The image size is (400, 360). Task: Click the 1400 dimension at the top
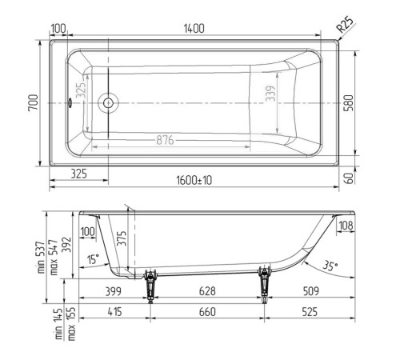coord(194,29)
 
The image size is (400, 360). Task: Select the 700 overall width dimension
coord(33,102)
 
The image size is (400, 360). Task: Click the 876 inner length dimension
coord(166,140)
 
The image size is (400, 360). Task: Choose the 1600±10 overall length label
coord(194,181)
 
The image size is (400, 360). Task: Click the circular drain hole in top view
coord(108,102)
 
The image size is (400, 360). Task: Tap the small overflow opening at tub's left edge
coord(70,102)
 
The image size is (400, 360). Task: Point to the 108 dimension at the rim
coord(346,226)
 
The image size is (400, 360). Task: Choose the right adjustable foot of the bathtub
coord(263,282)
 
